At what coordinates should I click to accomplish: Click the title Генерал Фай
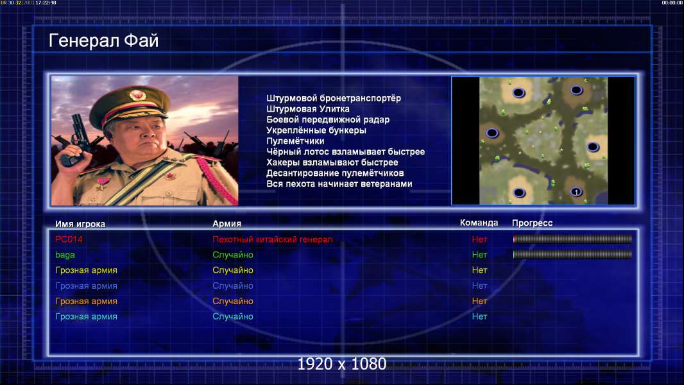[x=103, y=40]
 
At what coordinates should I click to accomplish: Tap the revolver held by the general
[x=77, y=139]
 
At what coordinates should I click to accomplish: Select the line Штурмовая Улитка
[x=307, y=109]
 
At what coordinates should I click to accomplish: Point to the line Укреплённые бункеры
[x=316, y=130]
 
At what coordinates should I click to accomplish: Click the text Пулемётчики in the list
[x=295, y=141]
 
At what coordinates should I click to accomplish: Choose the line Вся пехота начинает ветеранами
[x=339, y=184]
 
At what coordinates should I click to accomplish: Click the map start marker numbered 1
[x=576, y=192]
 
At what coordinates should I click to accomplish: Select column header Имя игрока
[x=80, y=224]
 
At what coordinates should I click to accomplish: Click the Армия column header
[x=227, y=224]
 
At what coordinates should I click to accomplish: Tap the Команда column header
[x=479, y=223]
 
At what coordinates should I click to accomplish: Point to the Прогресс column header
[x=532, y=223]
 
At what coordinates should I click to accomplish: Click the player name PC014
[x=69, y=239]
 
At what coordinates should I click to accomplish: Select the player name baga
[x=65, y=255]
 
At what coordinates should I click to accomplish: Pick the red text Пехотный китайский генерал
[x=272, y=239]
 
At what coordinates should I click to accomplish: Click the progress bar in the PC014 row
[x=572, y=239]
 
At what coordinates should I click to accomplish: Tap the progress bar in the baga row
[x=572, y=254]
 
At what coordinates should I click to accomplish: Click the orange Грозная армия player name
[x=86, y=302]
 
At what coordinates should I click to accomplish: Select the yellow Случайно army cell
[x=232, y=270]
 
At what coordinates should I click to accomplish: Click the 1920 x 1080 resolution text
[x=341, y=364]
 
